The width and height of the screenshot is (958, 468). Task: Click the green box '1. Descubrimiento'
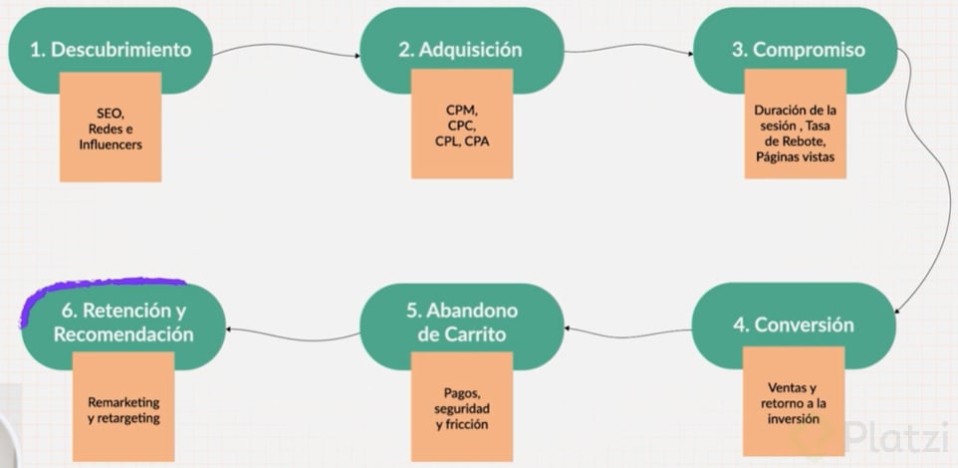pos(110,50)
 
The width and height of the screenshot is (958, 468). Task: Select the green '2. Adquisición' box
pos(461,50)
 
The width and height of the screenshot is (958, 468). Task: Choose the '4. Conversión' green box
pos(794,325)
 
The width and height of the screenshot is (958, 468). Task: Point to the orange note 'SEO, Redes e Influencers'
pos(111,131)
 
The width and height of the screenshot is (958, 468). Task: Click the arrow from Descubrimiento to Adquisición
pos(287,48)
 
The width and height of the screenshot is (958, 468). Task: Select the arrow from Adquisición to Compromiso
pos(627,47)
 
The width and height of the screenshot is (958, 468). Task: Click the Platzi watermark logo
pos(876,435)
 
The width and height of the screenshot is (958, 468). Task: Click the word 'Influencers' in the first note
pos(111,145)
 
